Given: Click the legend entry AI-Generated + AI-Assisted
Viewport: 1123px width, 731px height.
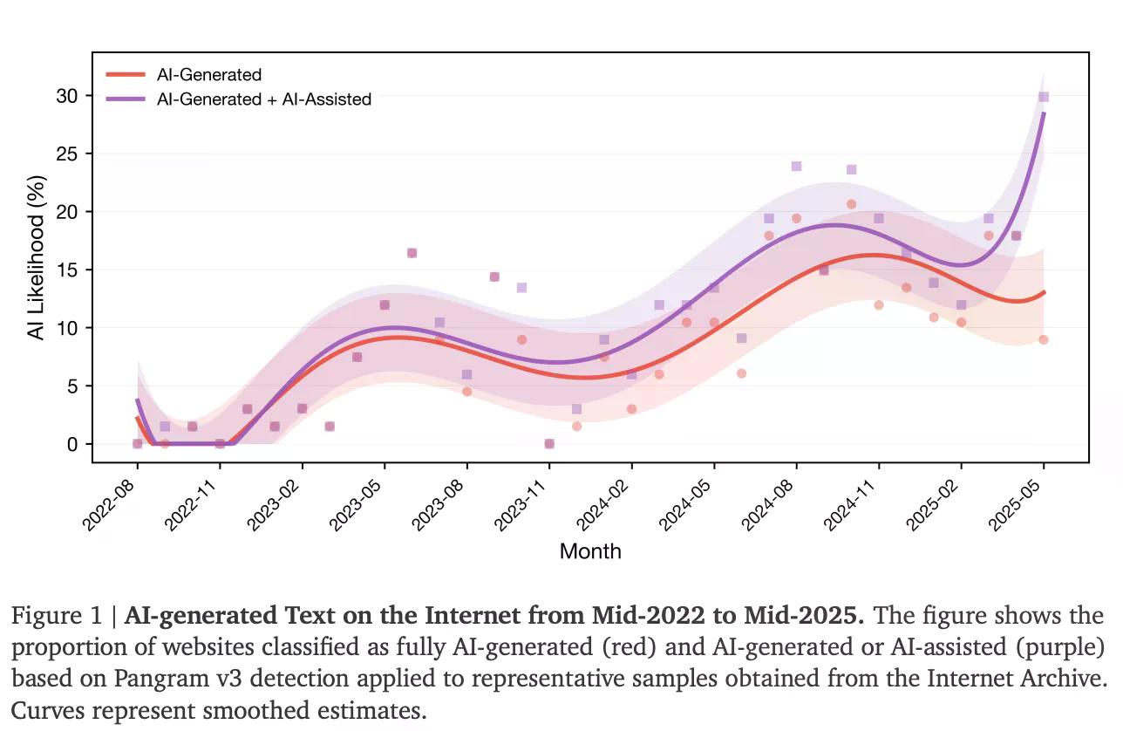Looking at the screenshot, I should point(263,99).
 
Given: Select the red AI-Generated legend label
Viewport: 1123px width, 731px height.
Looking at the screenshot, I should point(208,75).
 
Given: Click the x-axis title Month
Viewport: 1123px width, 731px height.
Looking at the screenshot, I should point(590,551).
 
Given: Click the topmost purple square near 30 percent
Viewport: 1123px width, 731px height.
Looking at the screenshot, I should point(1043,97).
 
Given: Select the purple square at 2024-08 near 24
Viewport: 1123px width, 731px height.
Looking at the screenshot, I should point(796,166).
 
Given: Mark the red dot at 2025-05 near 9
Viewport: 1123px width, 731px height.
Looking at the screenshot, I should point(1043,339).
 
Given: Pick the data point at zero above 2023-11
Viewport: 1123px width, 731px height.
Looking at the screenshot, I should point(549,443).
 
